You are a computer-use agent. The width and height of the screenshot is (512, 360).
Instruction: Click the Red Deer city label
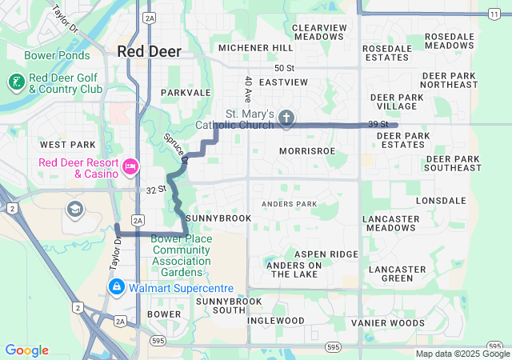pyautogui.click(x=150, y=51)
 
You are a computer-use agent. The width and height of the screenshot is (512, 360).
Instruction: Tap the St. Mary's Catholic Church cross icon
pyautogui.click(x=286, y=119)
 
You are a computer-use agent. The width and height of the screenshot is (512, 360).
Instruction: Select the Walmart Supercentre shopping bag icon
pyautogui.click(x=117, y=287)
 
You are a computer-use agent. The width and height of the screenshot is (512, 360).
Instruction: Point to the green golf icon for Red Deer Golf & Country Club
pyautogui.click(x=16, y=82)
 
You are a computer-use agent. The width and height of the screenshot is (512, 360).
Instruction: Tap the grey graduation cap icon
pyautogui.click(x=74, y=210)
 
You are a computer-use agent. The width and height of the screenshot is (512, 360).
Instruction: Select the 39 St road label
pyautogui.click(x=378, y=124)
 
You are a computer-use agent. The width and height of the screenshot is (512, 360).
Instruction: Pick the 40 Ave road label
pyautogui.click(x=249, y=88)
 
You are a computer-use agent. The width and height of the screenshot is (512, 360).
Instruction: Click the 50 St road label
pyautogui.click(x=284, y=68)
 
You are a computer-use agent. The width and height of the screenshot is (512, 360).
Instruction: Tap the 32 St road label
pyautogui.click(x=155, y=190)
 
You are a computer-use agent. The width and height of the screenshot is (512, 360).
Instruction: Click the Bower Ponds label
pyautogui.click(x=53, y=56)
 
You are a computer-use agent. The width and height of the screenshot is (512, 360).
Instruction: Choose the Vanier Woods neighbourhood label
pyautogui.click(x=388, y=322)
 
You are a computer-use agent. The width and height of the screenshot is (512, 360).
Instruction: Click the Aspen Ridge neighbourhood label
pyautogui.click(x=326, y=254)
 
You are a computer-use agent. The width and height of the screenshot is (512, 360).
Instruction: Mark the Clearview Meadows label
pyautogui.click(x=318, y=32)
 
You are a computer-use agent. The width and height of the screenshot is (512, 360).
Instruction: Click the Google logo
pyautogui.click(x=26, y=350)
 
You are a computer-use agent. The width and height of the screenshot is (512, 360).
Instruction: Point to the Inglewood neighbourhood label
pyautogui.click(x=276, y=320)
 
